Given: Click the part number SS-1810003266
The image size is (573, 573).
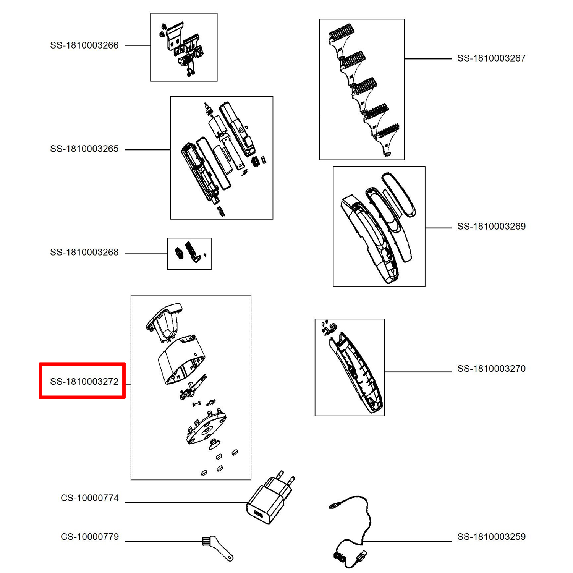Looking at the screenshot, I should [84, 45].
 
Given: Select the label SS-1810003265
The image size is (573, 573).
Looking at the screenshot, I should [84, 149].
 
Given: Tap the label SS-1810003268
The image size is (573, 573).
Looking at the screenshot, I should [84, 253].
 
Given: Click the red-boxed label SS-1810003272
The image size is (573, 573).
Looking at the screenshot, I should [84, 382].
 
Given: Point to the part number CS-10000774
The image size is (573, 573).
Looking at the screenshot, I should [90, 498].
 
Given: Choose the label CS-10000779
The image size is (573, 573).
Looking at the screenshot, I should [90, 537].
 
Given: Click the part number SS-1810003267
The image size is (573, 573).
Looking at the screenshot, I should [491, 58].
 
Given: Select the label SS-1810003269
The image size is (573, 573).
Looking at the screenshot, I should [491, 227].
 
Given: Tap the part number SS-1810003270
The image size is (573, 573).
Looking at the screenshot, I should [491, 369].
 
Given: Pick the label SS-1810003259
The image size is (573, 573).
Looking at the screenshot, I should [491, 537].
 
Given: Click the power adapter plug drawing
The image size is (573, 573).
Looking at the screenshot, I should [269, 500].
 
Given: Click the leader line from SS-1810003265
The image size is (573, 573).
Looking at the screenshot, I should [147, 150].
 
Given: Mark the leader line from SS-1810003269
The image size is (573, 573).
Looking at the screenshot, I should [439, 228].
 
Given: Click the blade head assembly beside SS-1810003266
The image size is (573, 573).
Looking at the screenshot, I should [184, 48].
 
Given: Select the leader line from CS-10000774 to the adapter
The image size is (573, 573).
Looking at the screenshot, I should [185, 502].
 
